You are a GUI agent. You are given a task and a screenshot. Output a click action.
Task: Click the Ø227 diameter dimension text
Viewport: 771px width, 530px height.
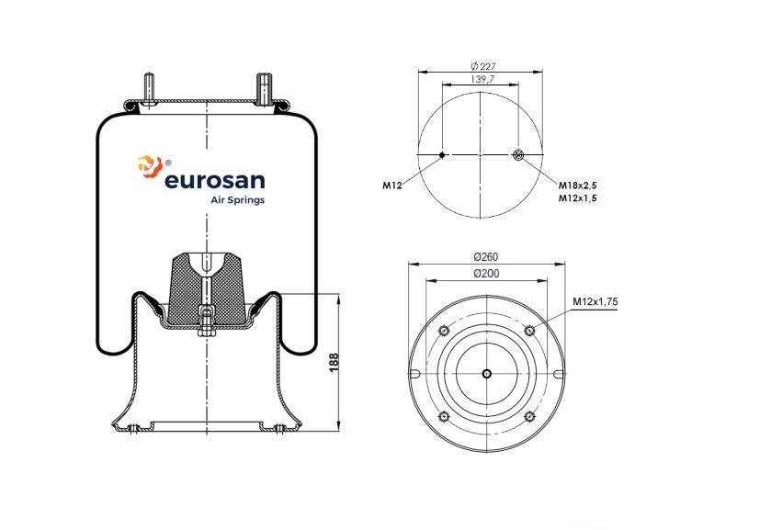pos(482,66)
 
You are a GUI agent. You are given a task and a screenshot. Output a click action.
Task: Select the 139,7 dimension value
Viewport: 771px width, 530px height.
pos(482,79)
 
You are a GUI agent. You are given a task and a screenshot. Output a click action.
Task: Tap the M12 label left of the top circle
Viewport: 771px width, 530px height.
pos(392,186)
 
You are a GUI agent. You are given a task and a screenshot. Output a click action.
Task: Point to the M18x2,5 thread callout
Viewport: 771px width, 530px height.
pos(577,186)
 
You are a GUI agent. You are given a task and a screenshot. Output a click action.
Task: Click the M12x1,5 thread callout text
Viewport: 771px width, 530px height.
pos(577,198)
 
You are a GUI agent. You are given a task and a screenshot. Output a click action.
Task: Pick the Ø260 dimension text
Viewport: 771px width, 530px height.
pos(486,256)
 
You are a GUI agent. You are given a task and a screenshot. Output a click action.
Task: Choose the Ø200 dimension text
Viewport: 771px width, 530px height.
pos(486,274)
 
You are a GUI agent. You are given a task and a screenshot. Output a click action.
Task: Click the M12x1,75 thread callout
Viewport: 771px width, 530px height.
pos(595,301)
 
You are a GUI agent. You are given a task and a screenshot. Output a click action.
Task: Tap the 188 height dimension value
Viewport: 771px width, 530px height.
pos(334,362)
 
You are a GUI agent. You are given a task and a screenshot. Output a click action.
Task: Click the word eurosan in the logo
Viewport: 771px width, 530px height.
pos(215,180)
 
